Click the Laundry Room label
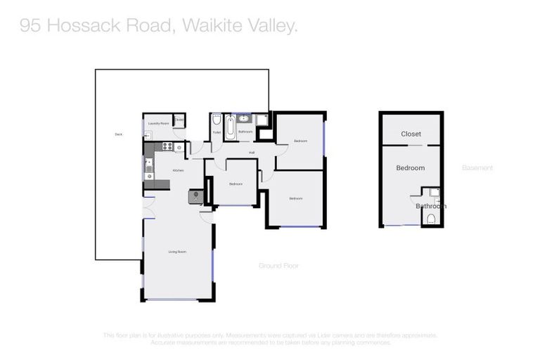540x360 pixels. point(160,123)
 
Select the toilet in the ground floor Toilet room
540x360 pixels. point(216,120)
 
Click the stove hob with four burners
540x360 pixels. point(168,146)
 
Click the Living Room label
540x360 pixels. point(176,251)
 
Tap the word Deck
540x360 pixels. point(118,134)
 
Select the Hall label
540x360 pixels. point(251,152)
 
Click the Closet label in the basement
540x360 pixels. point(411,134)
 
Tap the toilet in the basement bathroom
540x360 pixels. point(432,219)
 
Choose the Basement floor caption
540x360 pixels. point(477,168)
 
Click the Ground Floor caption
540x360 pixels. point(279,265)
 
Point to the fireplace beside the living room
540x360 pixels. point(195,197)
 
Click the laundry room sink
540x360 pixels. point(148,134)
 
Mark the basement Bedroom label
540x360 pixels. point(410,168)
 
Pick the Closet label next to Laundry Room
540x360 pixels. point(179,120)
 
